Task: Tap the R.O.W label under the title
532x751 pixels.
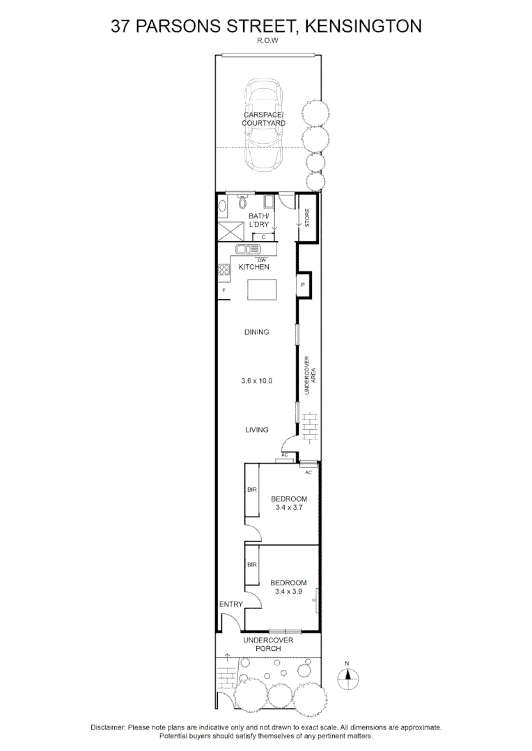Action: click(266, 40)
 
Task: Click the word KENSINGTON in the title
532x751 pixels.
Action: click(363, 26)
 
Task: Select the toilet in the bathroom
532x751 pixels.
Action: click(243, 203)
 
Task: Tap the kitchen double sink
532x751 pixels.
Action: click(247, 249)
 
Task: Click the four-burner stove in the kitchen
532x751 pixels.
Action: click(224, 270)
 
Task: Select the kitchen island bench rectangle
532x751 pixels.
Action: click(262, 289)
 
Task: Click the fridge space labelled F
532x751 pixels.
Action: click(224, 290)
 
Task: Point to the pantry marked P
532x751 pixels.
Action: click(304, 285)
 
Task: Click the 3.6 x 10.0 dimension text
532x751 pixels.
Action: click(257, 381)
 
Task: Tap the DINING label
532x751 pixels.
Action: click(257, 332)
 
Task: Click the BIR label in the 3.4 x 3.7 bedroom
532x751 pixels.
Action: click(252, 490)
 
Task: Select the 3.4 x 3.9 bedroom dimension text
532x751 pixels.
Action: click(288, 592)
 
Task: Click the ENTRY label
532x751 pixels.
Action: click(231, 604)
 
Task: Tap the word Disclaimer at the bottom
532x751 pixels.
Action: click(108, 727)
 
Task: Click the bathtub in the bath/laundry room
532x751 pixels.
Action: click(223, 207)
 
